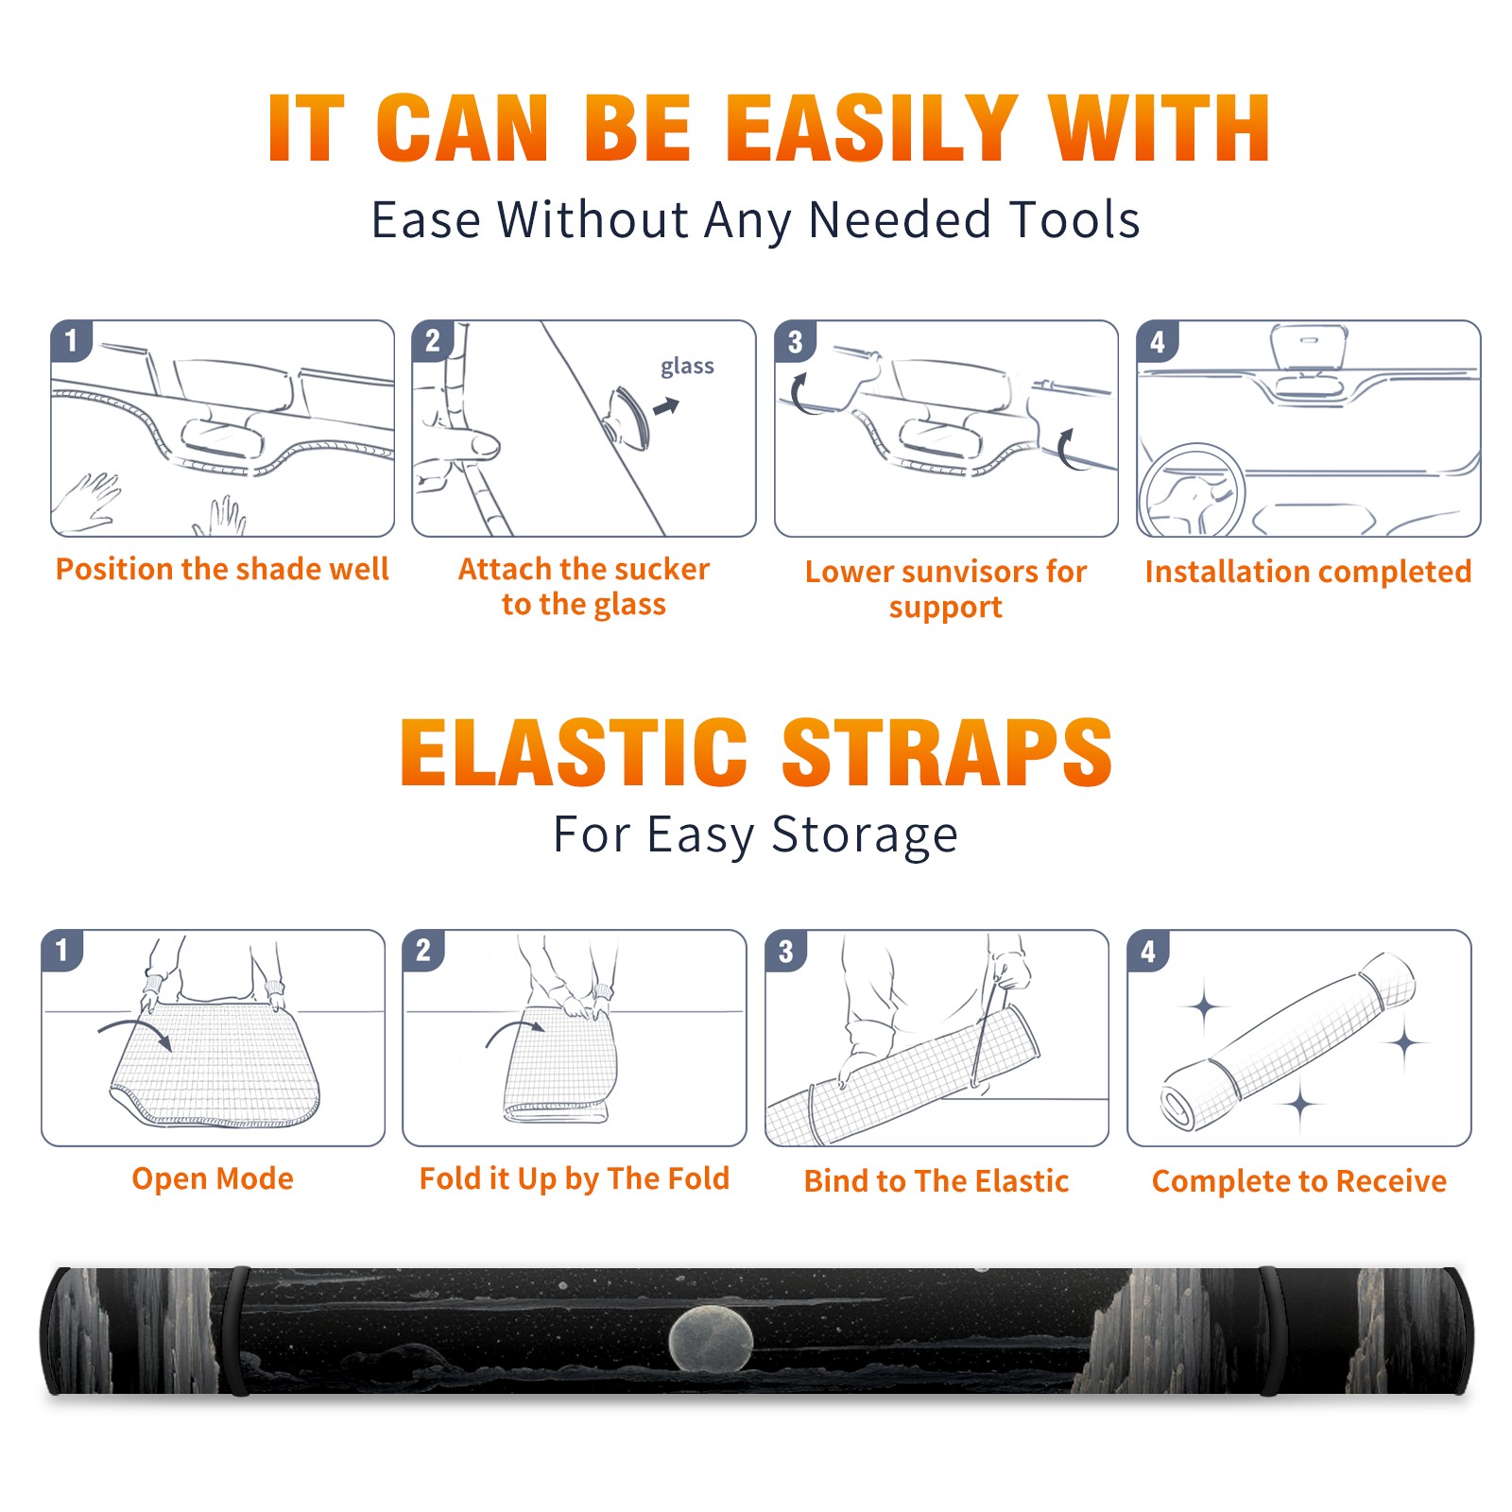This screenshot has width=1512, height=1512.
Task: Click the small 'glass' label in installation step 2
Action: pyautogui.click(x=687, y=366)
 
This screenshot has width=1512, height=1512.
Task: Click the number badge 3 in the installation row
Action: pyautogui.click(x=795, y=341)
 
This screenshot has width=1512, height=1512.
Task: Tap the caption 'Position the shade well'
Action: pyautogui.click(x=222, y=569)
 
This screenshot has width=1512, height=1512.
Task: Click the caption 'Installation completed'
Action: pyautogui.click(x=1308, y=571)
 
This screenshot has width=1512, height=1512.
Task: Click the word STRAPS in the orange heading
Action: pyautogui.click(x=948, y=752)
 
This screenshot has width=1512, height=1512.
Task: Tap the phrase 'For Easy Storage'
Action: pyautogui.click(x=756, y=835)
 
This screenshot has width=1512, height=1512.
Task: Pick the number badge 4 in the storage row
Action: pyautogui.click(x=1148, y=951)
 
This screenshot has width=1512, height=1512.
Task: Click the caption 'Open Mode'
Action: pyautogui.click(x=213, y=1178)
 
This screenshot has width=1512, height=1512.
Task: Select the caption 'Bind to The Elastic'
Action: pyautogui.click(x=936, y=1181)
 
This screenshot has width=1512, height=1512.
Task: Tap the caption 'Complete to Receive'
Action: pyautogui.click(x=1299, y=1181)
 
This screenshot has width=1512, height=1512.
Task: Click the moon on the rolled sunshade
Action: pyautogui.click(x=711, y=1338)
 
